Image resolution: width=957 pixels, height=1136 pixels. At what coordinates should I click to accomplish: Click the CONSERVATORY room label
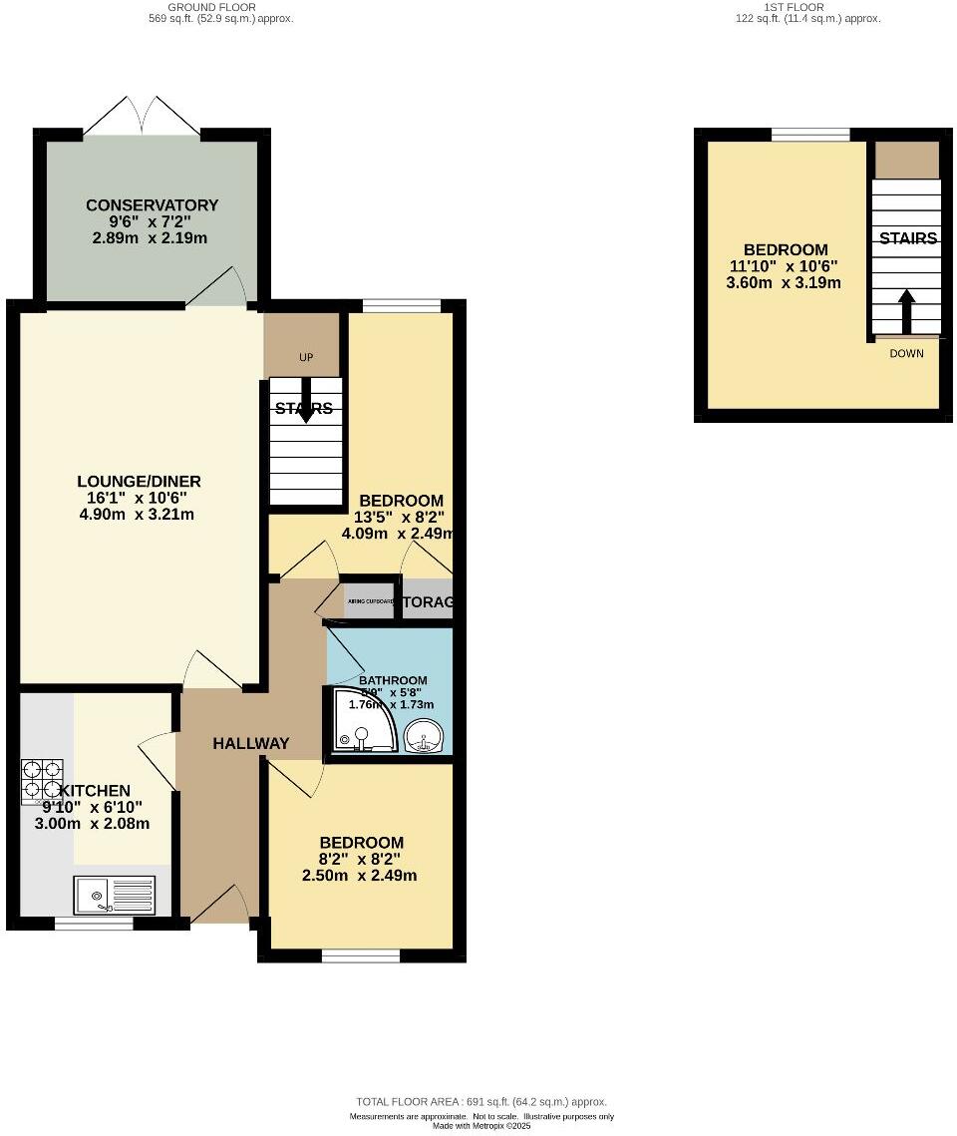click(152, 205)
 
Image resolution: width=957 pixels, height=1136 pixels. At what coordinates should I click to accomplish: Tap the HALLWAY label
click(251, 743)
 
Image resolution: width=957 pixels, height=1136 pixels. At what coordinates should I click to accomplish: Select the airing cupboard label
click(369, 602)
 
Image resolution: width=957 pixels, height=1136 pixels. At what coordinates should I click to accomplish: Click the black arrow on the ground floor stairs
click(305, 400)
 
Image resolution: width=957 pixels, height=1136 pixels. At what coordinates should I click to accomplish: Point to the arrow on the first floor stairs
click(907, 312)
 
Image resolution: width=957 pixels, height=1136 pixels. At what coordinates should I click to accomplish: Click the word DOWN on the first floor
click(907, 353)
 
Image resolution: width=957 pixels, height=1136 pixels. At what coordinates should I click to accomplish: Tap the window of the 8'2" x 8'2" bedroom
click(361, 956)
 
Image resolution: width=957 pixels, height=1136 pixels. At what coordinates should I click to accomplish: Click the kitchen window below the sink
click(94, 924)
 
